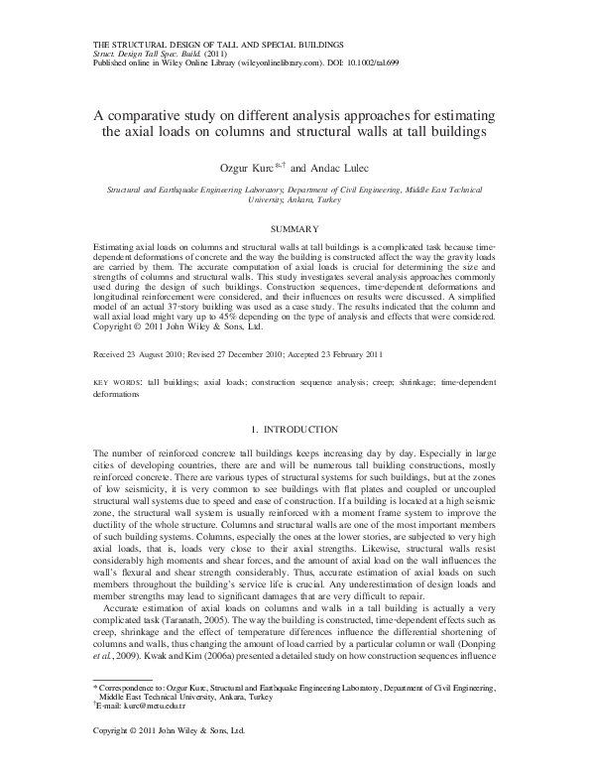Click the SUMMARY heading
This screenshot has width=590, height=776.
(x=294, y=228)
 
